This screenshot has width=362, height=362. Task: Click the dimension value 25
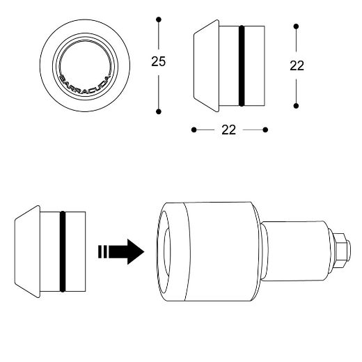(x=158, y=61)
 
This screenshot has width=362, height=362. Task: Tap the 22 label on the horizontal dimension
(x=229, y=129)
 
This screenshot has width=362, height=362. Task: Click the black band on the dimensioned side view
(x=242, y=66)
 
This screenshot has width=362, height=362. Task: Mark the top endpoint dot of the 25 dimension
(x=159, y=19)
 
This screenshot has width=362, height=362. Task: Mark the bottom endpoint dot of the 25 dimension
(x=159, y=111)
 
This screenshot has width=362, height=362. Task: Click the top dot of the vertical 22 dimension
(x=297, y=26)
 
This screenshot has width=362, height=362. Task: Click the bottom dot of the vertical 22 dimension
(x=297, y=106)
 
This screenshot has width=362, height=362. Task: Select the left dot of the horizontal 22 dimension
(x=194, y=129)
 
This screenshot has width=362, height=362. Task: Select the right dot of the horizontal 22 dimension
(x=266, y=129)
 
